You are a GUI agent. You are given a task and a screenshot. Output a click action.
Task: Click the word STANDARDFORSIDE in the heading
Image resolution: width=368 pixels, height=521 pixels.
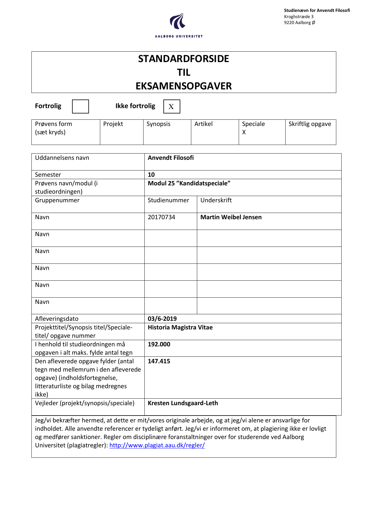tap(184, 59)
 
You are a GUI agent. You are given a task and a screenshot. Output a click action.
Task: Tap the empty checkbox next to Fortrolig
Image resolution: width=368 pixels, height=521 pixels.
tap(80, 106)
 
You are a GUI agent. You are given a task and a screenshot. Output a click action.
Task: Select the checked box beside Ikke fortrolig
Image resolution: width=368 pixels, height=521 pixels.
tap(172, 106)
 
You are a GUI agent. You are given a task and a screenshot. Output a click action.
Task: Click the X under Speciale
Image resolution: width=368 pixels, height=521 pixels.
tap(244, 132)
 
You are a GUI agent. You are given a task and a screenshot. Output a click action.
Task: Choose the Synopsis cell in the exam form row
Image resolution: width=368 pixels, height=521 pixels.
tap(158, 124)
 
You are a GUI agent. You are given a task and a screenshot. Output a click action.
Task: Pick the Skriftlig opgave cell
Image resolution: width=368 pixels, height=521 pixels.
tap(310, 124)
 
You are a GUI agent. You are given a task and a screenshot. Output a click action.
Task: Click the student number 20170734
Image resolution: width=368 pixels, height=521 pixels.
tap(162, 217)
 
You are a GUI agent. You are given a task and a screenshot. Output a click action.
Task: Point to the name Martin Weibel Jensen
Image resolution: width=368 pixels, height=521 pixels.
tap(231, 217)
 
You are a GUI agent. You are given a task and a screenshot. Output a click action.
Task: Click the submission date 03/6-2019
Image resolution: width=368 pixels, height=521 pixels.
tap(162, 319)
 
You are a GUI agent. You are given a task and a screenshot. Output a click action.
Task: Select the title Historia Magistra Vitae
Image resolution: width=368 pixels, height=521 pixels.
tap(180, 328)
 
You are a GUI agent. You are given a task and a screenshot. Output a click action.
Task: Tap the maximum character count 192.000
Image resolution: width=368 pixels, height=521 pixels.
tap(159, 345)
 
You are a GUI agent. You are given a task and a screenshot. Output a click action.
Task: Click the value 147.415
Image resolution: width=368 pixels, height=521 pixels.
tap(159, 361)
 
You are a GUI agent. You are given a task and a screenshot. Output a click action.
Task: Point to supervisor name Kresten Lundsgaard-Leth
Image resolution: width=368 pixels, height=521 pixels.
tap(183, 403)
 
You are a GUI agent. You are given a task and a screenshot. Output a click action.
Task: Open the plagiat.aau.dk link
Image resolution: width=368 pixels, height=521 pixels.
tap(157, 446)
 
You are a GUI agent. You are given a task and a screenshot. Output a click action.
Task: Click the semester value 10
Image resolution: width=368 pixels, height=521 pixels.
tap(151, 175)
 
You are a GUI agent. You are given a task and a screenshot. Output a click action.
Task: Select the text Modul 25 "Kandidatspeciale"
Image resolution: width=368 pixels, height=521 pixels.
tap(189, 184)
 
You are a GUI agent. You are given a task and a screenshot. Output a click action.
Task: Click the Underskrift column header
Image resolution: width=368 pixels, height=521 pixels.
tap(216, 200)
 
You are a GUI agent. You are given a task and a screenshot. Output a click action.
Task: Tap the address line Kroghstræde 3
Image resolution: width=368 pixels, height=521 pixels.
tap(299, 17)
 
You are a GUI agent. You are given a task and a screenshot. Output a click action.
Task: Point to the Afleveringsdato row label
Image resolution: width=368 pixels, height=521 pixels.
tap(57, 319)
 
